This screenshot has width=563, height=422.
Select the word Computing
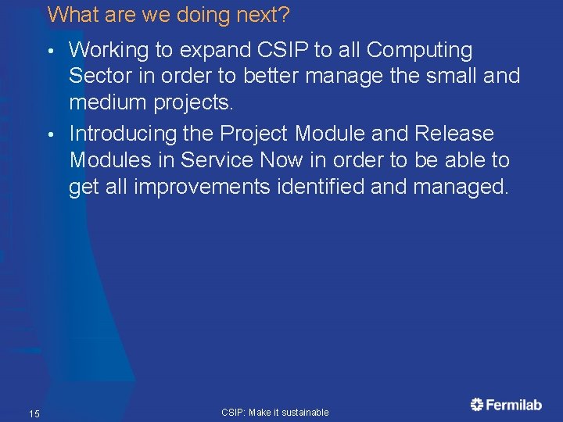tap(419, 51)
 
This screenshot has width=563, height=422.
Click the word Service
tap(217, 160)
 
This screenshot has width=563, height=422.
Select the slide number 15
tap(34, 413)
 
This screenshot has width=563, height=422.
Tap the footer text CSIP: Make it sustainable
tap(275, 412)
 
